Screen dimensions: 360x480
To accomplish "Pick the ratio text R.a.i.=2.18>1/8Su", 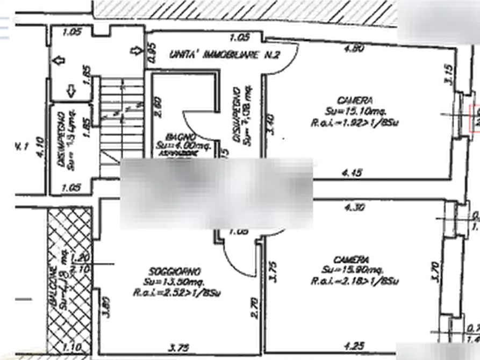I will tap(357, 282).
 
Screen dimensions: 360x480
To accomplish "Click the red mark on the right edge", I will tap(474, 119).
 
